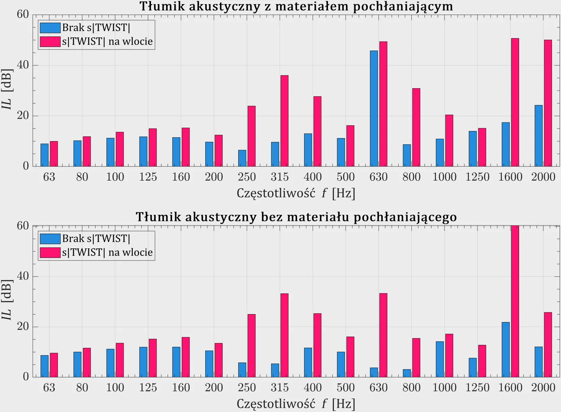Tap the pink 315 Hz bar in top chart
[284, 121]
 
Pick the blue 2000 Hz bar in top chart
[538, 136]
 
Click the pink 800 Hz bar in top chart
[416, 127]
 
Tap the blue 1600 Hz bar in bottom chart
[506, 349]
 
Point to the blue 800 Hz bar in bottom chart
[407, 373]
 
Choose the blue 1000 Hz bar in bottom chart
[439, 359]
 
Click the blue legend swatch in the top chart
[50, 28]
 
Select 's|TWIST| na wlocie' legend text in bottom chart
[107, 253]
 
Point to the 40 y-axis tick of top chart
[23, 65]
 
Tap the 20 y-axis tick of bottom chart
[23, 327]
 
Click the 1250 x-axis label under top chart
[477, 177]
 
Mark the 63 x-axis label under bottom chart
[49, 387]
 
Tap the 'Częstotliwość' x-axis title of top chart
[276, 193]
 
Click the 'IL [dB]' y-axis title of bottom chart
[7, 300]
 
